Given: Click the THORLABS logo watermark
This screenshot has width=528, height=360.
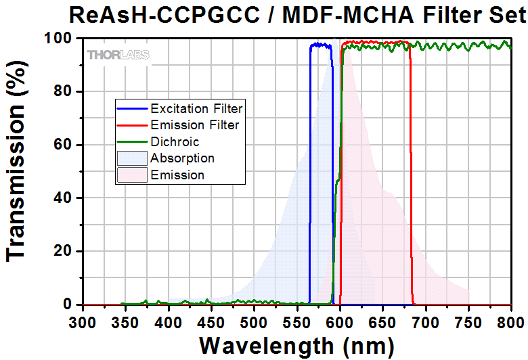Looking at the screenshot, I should click(x=118, y=54).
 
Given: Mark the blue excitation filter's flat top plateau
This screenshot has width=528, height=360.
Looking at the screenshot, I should click(x=321, y=45).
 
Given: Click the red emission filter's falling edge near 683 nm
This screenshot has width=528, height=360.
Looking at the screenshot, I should click(x=411, y=203).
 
